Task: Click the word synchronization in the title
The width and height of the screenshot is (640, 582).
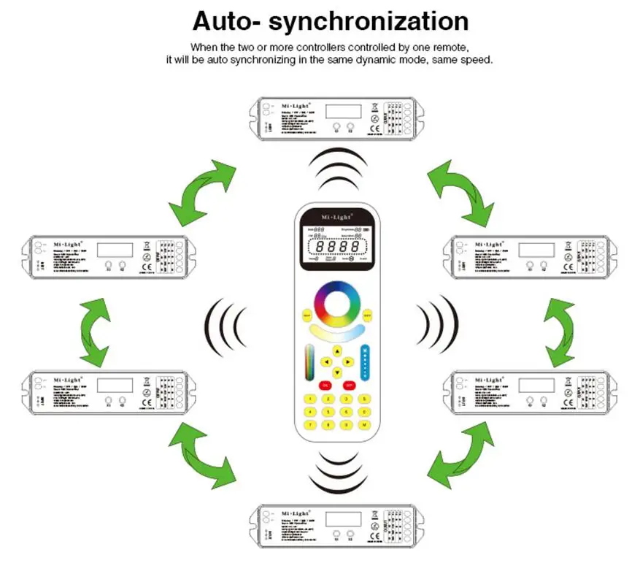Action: click(369, 21)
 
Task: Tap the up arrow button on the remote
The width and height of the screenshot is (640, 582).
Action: click(337, 351)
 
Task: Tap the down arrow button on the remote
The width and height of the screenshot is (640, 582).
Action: click(337, 372)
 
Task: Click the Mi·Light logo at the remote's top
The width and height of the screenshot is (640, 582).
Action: click(337, 217)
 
